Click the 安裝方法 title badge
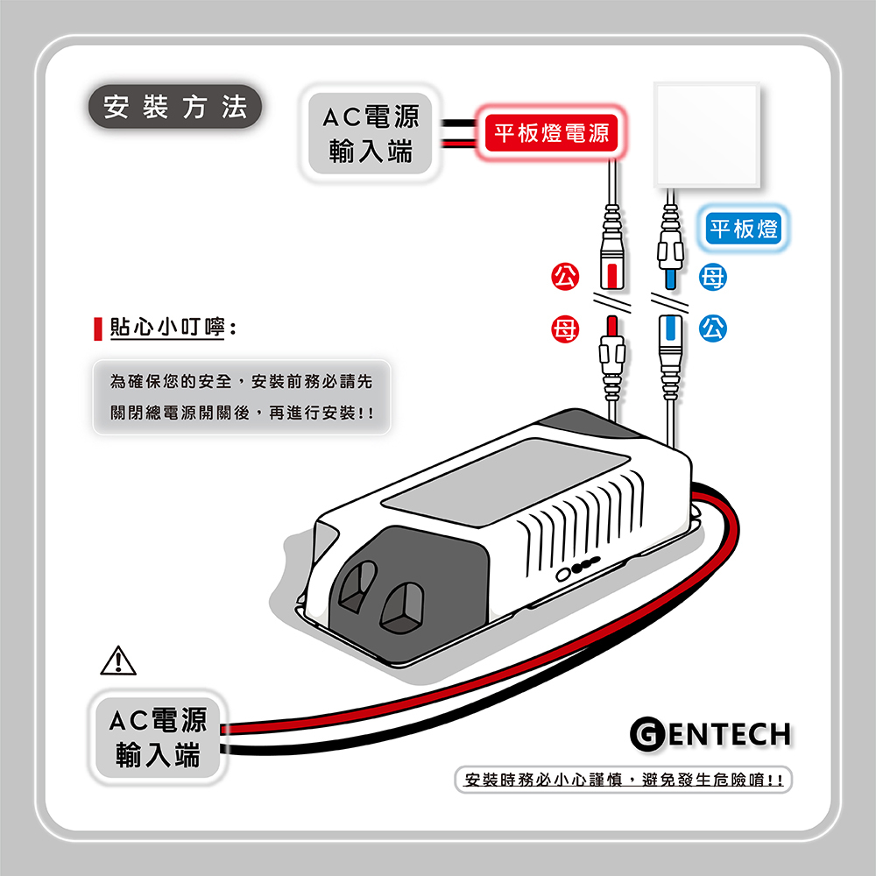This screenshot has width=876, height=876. pos(175,107)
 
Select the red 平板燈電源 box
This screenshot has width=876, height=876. pos(550,134)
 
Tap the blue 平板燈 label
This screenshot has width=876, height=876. pos(744,230)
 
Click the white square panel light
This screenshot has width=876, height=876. pos(708,134)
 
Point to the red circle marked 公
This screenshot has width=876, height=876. pos(563,279)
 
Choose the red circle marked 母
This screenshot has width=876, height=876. pos(563,330)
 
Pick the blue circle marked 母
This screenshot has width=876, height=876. pos(712,279)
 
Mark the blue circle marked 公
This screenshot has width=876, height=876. pos(712,330)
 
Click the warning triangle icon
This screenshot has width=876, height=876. pos(120,659)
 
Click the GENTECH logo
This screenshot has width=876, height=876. pos(711,734)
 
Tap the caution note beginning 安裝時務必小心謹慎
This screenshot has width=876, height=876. pos(624,780)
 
